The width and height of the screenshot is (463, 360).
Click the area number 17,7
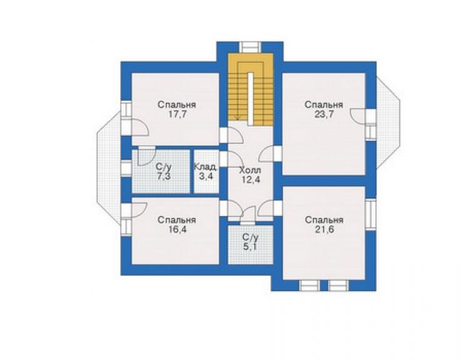point(177,115)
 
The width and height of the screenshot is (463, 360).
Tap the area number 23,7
point(324,115)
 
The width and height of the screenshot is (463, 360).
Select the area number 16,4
point(177,230)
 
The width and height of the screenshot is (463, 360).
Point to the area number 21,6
point(324,230)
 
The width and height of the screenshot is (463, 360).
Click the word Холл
point(250,170)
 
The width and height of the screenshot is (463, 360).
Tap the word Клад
point(206,167)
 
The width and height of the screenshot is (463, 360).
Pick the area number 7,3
point(164,177)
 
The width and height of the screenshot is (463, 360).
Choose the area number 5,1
point(250,247)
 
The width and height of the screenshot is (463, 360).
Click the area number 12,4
point(251,180)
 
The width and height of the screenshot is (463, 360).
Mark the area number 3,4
point(206,177)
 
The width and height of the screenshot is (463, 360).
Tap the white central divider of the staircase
point(250,99)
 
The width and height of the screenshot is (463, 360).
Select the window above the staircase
point(250,48)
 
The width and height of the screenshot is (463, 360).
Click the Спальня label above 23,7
point(324,105)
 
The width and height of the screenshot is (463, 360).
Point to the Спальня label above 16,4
point(176,220)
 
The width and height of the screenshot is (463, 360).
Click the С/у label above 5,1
point(250,237)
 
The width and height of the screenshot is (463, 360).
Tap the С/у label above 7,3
point(164,167)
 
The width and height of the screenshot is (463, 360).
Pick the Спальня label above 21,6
point(324,220)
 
